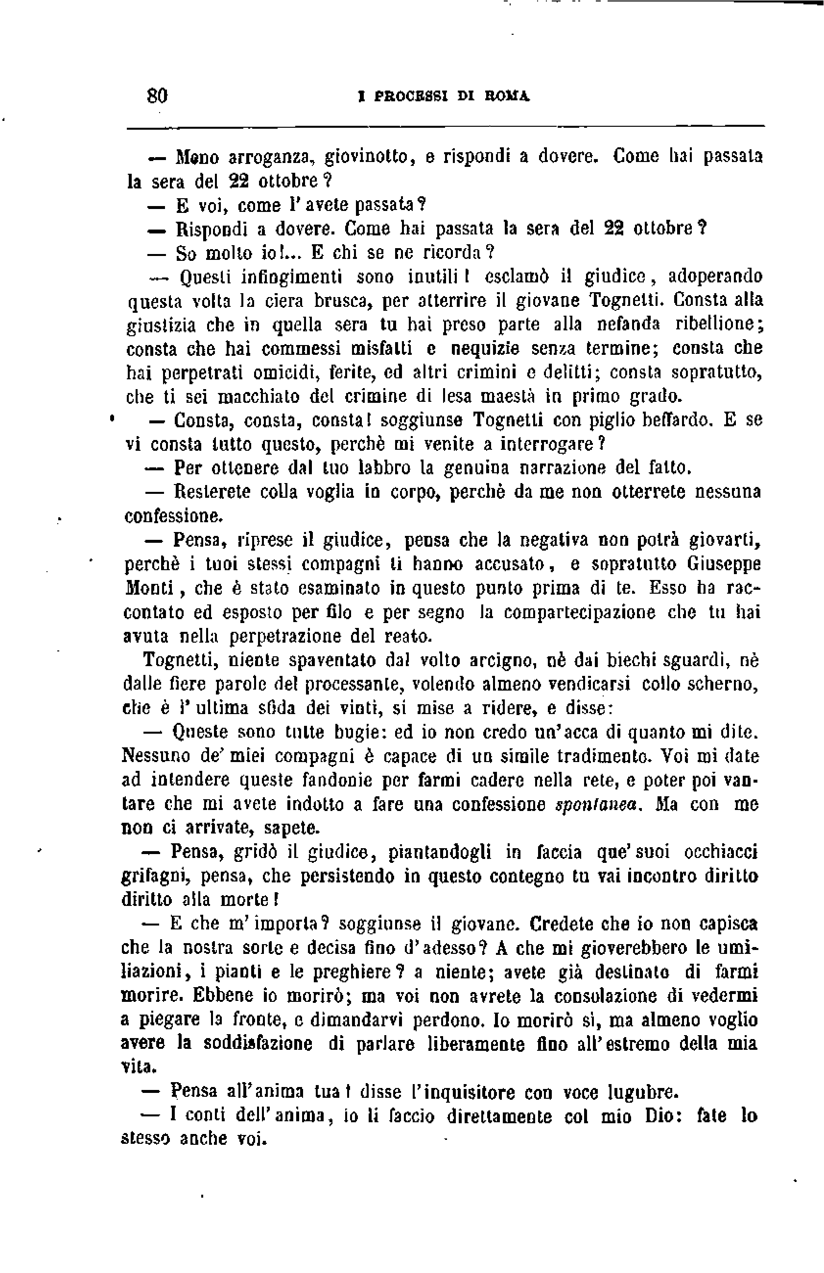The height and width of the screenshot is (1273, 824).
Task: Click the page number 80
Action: click(x=157, y=96)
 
